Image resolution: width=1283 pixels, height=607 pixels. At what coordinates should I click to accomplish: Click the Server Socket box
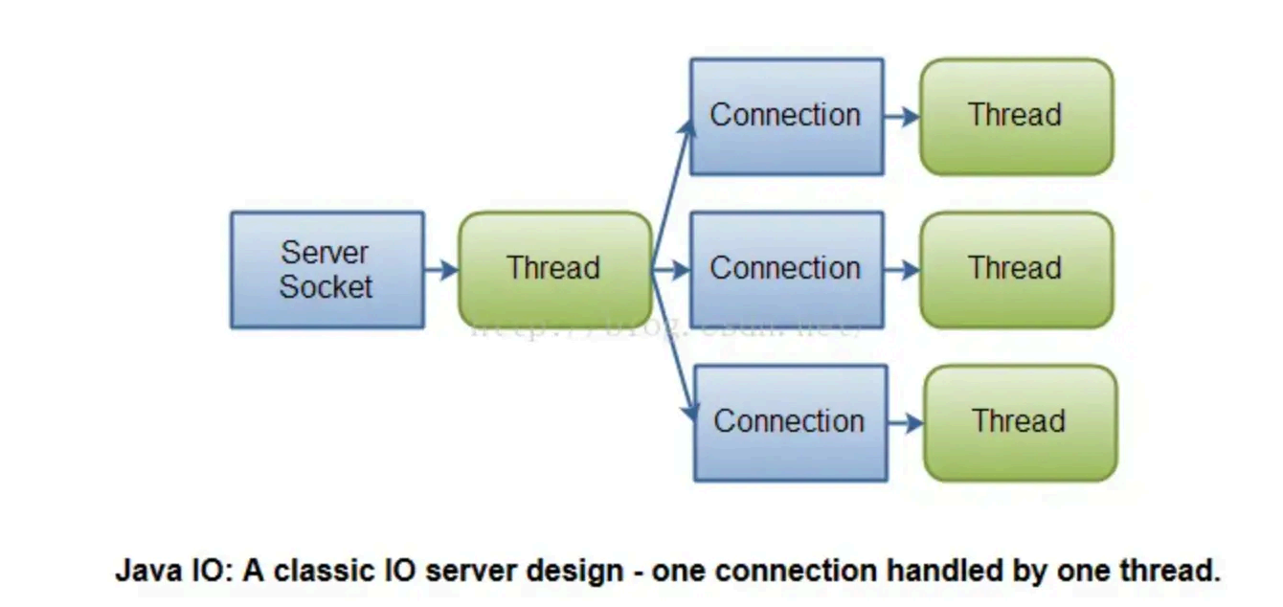tap(326, 270)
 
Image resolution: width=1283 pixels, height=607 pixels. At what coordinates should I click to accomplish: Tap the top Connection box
tap(786, 117)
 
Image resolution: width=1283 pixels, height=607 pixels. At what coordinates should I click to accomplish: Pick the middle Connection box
tap(786, 270)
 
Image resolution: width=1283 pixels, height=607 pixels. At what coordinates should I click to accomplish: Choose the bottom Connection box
tap(790, 422)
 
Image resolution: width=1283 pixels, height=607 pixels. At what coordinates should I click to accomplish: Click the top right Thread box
tap(1016, 117)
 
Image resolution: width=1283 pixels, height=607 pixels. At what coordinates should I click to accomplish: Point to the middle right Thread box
tap(1016, 270)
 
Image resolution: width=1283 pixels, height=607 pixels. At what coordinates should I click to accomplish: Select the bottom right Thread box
tap(1020, 422)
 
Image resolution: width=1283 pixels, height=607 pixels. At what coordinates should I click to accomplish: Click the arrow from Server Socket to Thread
tap(441, 270)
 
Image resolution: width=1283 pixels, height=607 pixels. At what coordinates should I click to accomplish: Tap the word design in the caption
tap(581, 572)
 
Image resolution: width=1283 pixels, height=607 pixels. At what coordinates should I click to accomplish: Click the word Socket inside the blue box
tap(326, 287)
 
